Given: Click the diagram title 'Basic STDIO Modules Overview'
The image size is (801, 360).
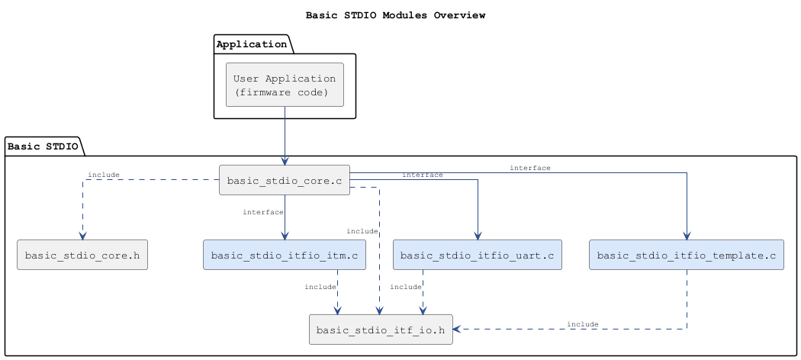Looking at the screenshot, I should pos(395,14).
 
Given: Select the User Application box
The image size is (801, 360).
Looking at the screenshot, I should pos(285,85).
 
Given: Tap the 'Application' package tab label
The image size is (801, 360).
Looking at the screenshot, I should pos(251,44).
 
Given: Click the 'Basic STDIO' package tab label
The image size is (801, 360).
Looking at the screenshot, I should pos(42,146).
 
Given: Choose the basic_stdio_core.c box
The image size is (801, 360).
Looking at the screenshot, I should pos(285,180).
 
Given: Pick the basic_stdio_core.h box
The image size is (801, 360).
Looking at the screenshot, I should pos(82,255).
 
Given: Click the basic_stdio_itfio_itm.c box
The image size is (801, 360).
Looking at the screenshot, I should pos(285,255).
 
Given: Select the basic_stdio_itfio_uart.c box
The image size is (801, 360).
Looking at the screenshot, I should pos(478,255).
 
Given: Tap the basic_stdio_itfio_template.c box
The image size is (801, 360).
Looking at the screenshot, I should pos(687,255).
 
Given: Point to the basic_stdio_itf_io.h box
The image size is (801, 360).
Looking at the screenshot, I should pos(381,329).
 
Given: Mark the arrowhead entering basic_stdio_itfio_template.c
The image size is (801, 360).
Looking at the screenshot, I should pos(687,236).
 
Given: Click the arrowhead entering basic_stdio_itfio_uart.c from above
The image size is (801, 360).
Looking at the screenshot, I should pos(478,236).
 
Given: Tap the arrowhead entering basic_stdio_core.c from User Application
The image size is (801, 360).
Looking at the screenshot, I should pos(285,161).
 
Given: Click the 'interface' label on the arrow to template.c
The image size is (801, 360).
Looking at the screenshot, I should pos(530,167).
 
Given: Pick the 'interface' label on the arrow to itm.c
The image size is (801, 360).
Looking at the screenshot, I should pos(262,211).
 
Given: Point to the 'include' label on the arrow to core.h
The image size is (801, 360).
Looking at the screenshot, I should pos(104,175).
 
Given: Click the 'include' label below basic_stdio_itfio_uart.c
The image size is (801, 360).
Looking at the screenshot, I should pos(406,287).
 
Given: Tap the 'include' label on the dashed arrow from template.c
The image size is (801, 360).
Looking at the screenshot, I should pos(583,324).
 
